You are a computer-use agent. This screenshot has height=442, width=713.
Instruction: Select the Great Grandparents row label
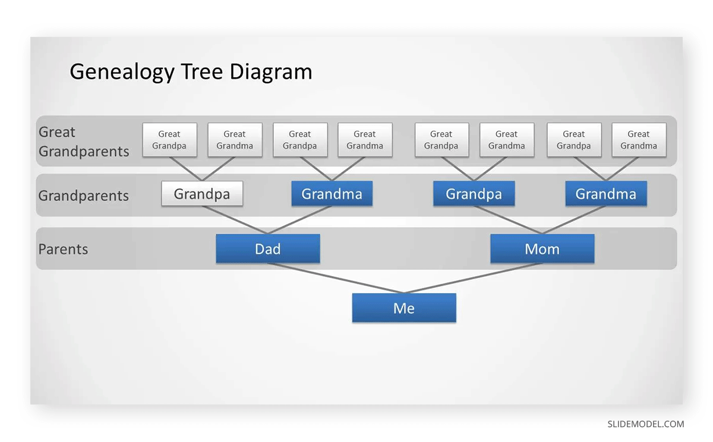pyautogui.click(x=84, y=142)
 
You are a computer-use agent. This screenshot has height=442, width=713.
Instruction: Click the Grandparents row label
pyautogui.click(x=83, y=196)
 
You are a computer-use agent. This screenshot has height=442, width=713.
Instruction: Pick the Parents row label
pyautogui.click(x=63, y=249)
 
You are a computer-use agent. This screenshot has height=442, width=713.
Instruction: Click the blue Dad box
pyautogui.click(x=267, y=249)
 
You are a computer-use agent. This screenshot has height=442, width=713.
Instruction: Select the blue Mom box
pyautogui.click(x=542, y=249)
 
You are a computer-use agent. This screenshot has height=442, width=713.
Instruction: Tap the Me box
pyautogui.click(x=404, y=308)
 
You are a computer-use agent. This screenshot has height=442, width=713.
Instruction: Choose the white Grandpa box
pyautogui.click(x=202, y=194)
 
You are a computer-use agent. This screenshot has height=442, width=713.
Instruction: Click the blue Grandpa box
pyautogui.click(x=474, y=194)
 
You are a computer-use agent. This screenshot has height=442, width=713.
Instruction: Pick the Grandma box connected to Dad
pyautogui.click(x=332, y=194)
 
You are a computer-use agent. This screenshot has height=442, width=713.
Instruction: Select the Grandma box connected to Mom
pyautogui.click(x=605, y=194)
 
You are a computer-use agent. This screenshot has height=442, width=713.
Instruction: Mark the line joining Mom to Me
pyautogui.click(x=473, y=278)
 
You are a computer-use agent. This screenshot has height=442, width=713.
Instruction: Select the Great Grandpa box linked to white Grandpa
pyautogui.click(x=169, y=140)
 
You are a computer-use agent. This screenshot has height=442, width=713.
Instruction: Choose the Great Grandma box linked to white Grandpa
pyautogui.click(x=235, y=140)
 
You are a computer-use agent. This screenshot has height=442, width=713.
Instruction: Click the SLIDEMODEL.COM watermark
pyautogui.click(x=645, y=424)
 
